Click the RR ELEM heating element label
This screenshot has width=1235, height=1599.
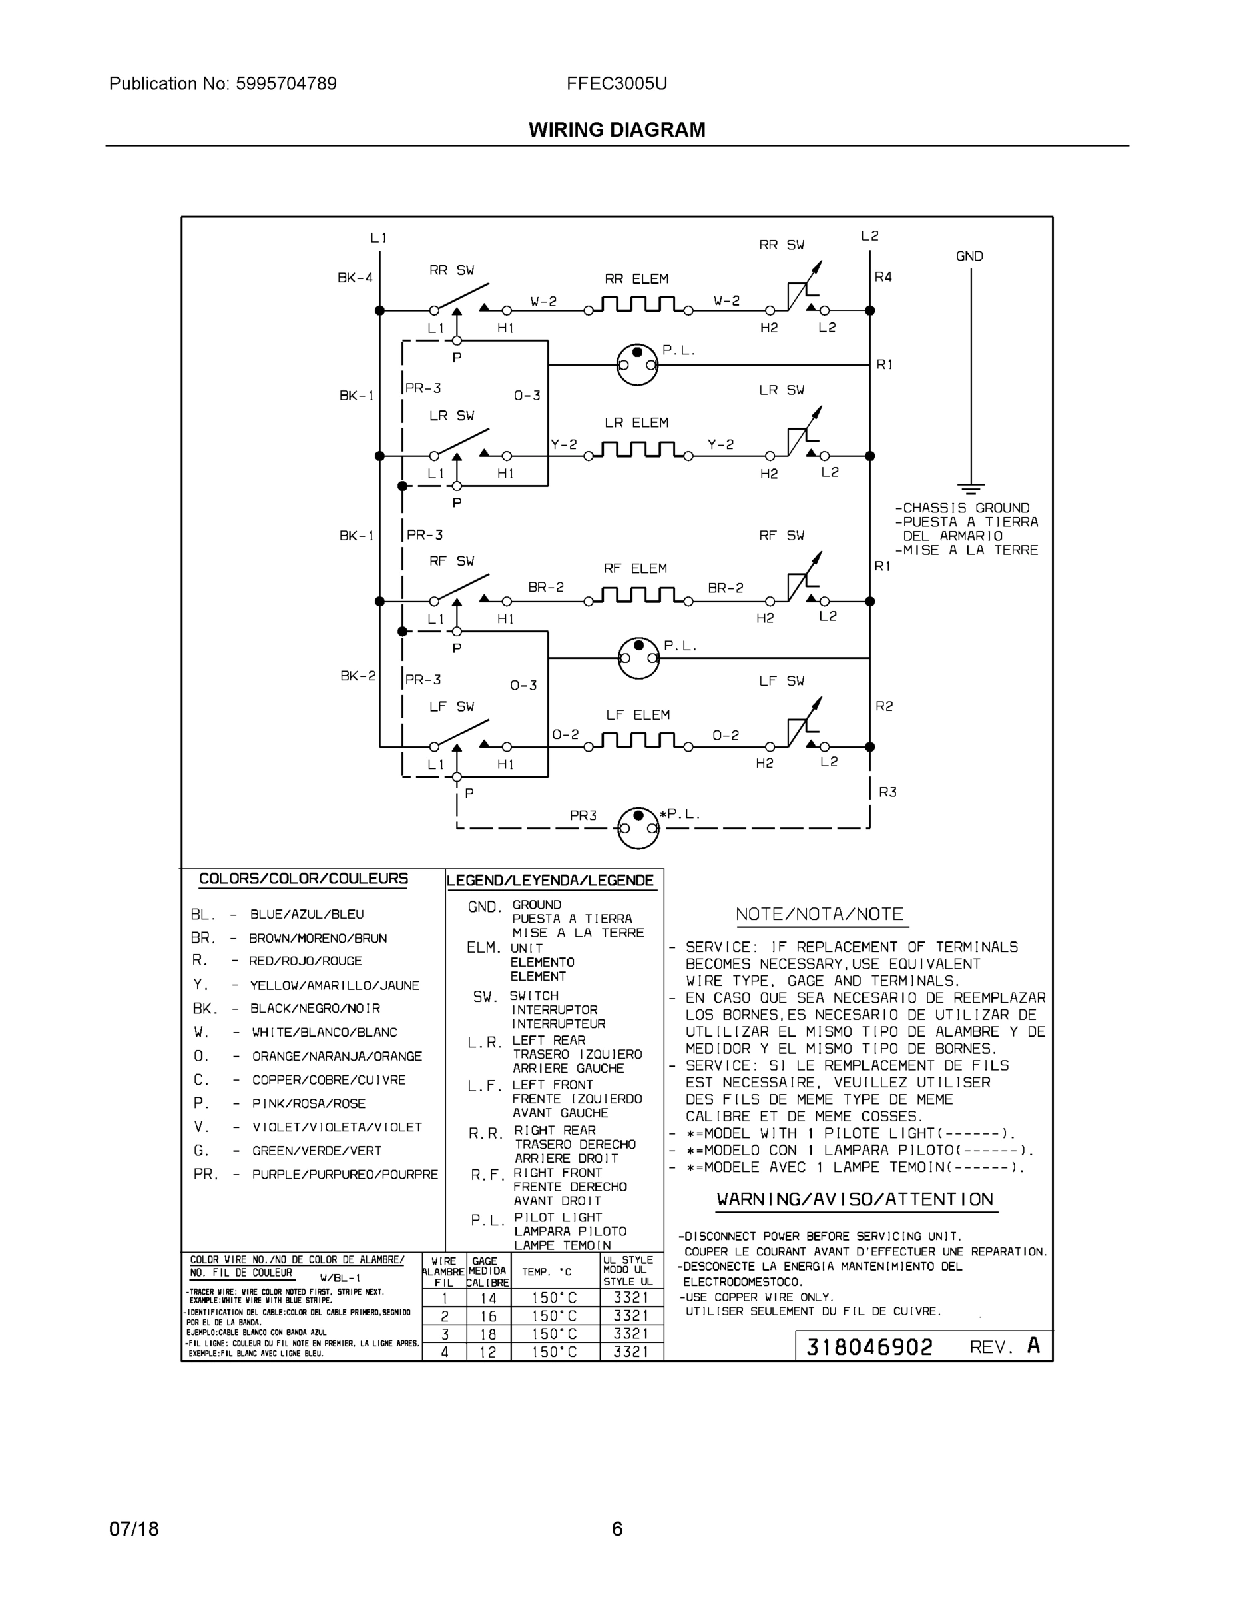coord(636,279)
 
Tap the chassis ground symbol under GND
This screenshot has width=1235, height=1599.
coord(971,488)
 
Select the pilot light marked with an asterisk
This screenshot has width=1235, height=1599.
coord(638,828)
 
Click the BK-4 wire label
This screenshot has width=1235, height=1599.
coord(355,278)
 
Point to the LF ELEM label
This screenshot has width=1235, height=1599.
coord(637,715)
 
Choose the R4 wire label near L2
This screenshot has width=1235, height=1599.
coord(883,276)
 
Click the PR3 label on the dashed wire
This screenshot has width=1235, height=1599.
coord(583,815)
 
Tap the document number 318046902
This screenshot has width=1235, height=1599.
coord(869,1348)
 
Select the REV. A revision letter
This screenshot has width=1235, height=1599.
coord(1033,1346)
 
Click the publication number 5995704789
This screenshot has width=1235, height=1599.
coord(286,84)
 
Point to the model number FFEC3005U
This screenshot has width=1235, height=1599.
coord(616,84)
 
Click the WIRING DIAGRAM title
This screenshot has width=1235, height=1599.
coord(617,131)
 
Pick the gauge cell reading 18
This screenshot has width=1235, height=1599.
coord(488,1334)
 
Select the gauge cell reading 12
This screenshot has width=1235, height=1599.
coord(488,1352)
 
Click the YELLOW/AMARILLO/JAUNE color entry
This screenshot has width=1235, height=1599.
coord(334,985)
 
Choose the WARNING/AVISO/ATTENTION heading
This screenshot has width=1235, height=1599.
coord(855,1199)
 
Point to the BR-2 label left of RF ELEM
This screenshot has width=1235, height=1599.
coord(546,587)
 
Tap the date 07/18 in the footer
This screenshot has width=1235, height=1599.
coord(134,1530)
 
